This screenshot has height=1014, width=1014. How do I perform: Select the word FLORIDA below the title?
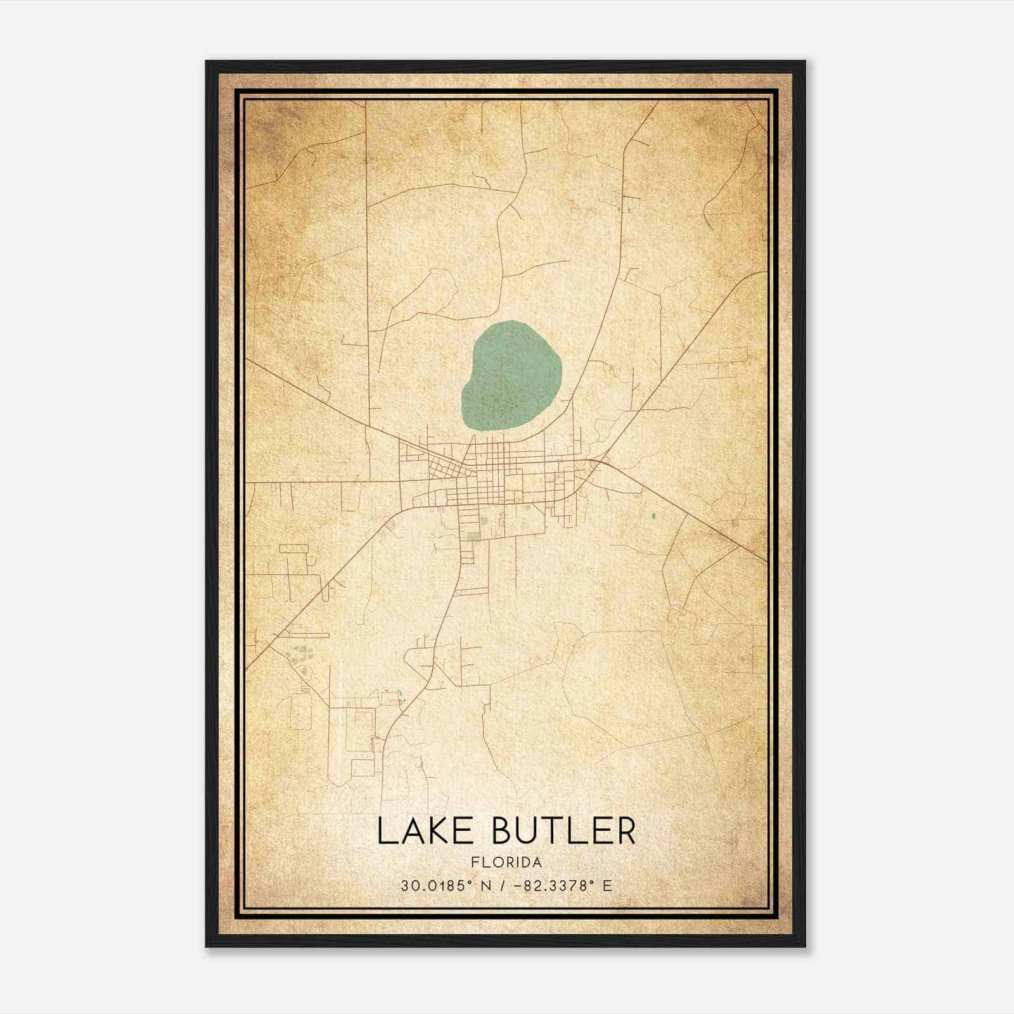pos(506,863)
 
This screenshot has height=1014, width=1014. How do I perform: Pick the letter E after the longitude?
pos(607,885)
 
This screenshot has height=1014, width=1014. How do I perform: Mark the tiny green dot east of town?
pos(653,516)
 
